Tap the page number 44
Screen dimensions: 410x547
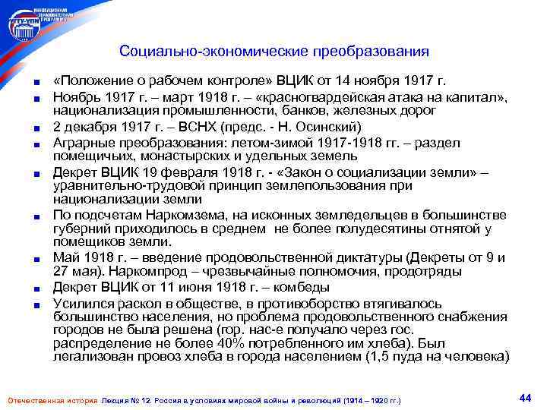click(524, 397)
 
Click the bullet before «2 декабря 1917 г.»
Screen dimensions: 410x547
click(36, 127)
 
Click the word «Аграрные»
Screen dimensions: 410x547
click(82, 142)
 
